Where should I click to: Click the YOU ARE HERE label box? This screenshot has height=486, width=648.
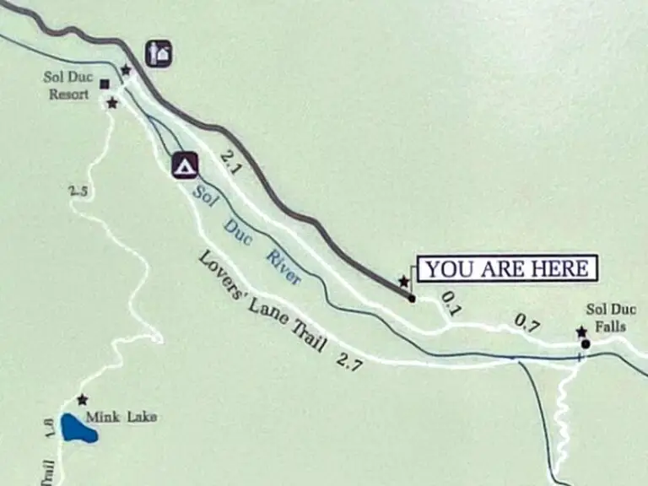(507, 268)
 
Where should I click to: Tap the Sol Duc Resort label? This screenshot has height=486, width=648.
(67, 85)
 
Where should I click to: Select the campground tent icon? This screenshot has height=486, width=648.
(185, 165)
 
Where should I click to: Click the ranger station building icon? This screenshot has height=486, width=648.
(159, 53)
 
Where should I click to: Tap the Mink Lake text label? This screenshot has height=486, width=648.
(127, 416)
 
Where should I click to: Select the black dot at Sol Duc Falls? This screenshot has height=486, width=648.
(585, 343)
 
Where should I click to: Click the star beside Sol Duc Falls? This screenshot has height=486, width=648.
(581, 332)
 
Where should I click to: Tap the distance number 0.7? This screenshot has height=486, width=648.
(527, 322)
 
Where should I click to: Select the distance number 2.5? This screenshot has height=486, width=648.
(78, 191)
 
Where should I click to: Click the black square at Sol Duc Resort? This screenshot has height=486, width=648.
(105, 84)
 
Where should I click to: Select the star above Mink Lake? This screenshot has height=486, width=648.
(82, 399)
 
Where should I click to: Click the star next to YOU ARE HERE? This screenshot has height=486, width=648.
(403, 281)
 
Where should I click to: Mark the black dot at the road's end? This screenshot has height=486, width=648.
(412, 298)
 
